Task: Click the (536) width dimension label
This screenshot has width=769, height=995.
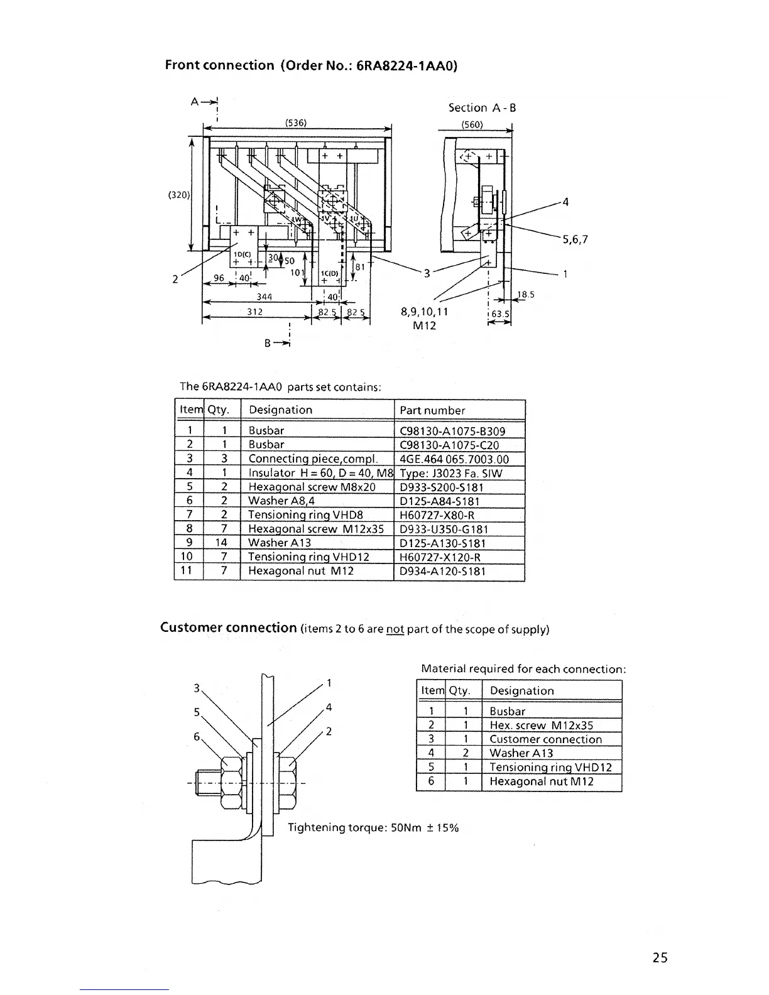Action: [296, 123]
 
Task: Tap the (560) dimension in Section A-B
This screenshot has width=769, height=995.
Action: [472, 124]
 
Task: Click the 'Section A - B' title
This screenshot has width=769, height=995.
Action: [482, 107]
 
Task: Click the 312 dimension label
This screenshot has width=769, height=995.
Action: [254, 312]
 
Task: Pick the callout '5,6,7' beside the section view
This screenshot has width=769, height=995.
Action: [574, 239]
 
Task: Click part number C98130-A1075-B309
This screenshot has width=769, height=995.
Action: [452, 431]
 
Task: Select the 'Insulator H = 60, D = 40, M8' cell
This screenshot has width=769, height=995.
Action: [320, 473]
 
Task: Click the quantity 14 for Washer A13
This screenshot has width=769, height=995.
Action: [224, 543]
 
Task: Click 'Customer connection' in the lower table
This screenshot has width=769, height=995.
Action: [545, 739]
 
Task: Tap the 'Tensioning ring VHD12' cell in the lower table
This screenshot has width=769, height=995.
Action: [550, 767]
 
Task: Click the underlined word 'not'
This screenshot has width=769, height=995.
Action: [395, 629]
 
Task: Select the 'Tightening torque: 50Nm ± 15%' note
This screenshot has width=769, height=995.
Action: [373, 828]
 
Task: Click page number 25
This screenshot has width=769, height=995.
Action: [660, 957]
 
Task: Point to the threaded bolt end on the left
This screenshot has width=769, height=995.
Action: [207, 785]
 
